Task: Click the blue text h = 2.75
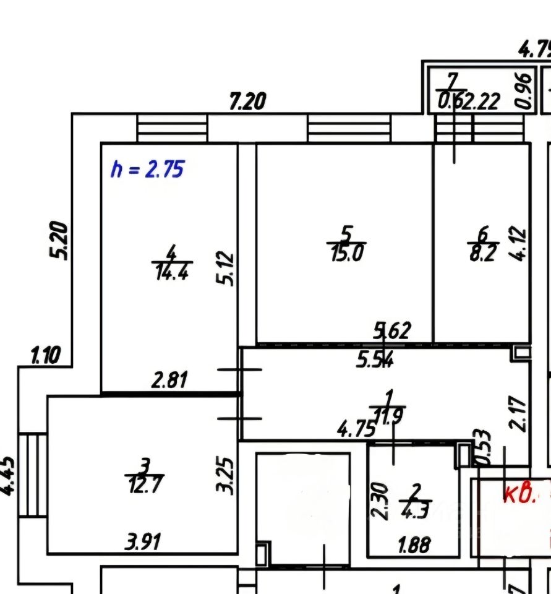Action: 147,168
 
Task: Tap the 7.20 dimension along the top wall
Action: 247,101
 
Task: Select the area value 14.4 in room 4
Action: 171,272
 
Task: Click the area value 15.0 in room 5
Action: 346,254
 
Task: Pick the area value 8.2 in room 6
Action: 483,254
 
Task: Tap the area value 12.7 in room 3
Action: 145,484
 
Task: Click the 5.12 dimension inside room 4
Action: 226,268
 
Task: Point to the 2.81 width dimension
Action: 169,379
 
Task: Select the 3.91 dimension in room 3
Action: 143,543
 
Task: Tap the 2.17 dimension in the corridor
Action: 518,413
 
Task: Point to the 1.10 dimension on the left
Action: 45,356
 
